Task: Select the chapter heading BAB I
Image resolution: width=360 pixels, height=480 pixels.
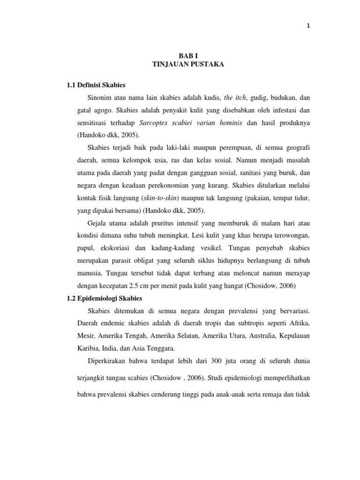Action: pos(188,55)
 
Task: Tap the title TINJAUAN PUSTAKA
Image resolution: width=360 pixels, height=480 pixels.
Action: pos(188,65)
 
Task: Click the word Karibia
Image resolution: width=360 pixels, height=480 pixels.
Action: pos(89,348)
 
